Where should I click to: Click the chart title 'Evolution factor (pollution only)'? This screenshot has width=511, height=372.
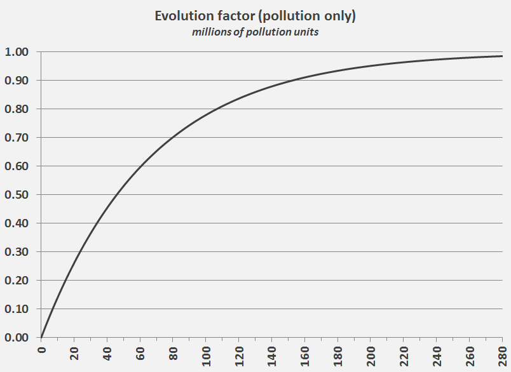255,17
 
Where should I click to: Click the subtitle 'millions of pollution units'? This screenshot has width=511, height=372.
255,32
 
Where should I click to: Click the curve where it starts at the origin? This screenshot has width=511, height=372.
41,337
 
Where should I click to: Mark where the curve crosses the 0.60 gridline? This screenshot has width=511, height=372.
140,166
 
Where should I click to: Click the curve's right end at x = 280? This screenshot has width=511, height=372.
502,56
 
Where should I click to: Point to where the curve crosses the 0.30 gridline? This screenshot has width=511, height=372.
79,252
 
